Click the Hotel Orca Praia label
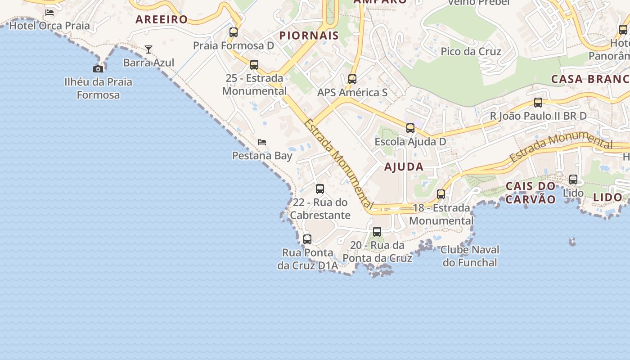pyautogui.click(x=49, y=25)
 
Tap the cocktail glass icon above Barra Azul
pyautogui.click(x=148, y=49)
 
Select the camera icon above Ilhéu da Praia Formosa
pyautogui.click(x=98, y=69)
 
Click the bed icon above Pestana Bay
pyautogui.click(x=262, y=142)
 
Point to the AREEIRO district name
pyautogui.click(x=162, y=19)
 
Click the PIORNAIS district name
pyautogui.click(x=309, y=36)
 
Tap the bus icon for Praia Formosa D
pyautogui.click(x=234, y=32)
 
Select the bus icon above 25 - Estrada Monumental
pyautogui.click(x=254, y=65)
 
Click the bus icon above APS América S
pyautogui.click(x=352, y=79)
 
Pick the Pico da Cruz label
pyautogui.click(x=471, y=51)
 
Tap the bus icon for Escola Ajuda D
pyautogui.click(x=410, y=128)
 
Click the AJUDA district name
pyautogui.click(x=404, y=166)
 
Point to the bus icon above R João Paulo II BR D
pyautogui.click(x=538, y=103)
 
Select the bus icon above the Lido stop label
pyautogui.click(x=573, y=180)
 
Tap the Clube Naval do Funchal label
pyautogui.click(x=470, y=256)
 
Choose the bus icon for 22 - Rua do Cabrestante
pyautogui.click(x=320, y=189)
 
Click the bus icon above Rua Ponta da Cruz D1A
pyautogui.click(x=307, y=239)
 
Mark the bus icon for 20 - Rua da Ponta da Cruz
pyautogui.click(x=377, y=232)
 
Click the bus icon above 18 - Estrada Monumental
pyautogui.click(x=441, y=194)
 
